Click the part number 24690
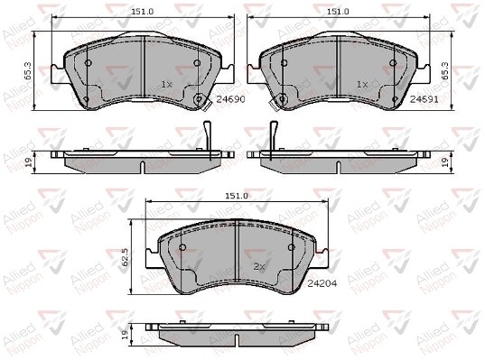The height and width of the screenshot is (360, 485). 230,99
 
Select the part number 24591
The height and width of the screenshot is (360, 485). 424,99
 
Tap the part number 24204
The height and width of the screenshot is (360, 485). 322,283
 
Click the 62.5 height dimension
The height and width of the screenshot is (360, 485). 125,257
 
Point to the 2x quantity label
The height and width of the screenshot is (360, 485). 259,267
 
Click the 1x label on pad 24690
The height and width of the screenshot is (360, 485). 166,84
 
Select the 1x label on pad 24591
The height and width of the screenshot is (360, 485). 362,84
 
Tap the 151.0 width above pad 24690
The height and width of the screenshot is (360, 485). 143,12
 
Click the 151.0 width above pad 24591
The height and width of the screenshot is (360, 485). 339,12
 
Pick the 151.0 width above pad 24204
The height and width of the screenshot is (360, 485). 237,196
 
